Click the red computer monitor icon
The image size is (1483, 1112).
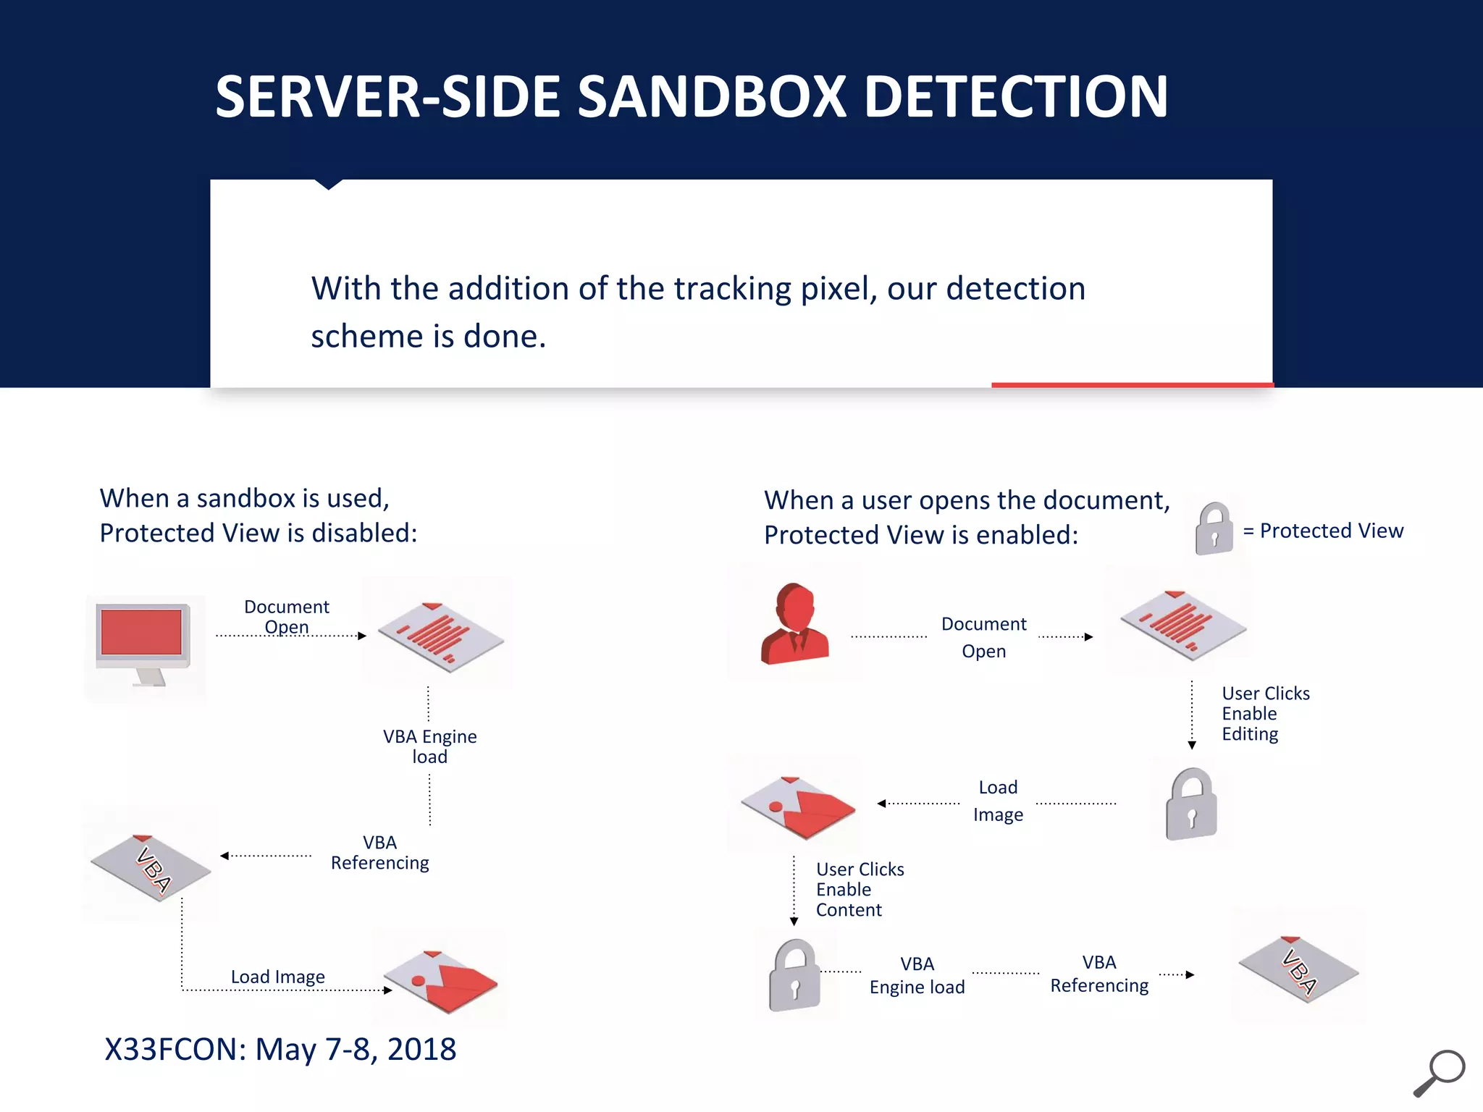pyautogui.click(x=143, y=641)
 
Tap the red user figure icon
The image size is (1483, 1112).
pyautogui.click(x=794, y=624)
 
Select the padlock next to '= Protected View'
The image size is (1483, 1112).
pyautogui.click(x=1214, y=529)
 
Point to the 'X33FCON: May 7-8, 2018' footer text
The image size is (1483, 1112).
pyautogui.click(x=280, y=1049)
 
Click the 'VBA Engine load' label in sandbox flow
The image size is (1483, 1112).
pyautogui.click(x=429, y=746)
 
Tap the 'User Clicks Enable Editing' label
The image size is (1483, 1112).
pyautogui.click(x=1265, y=714)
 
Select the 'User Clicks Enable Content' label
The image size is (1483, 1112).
pyautogui.click(x=860, y=890)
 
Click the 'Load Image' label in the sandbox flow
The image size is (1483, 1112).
pyautogui.click(x=277, y=977)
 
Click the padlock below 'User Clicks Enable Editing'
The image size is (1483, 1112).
pyautogui.click(x=1191, y=804)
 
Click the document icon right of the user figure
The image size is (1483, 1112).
pyautogui.click(x=1182, y=625)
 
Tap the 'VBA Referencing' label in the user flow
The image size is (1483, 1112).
pyautogui.click(x=1098, y=974)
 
